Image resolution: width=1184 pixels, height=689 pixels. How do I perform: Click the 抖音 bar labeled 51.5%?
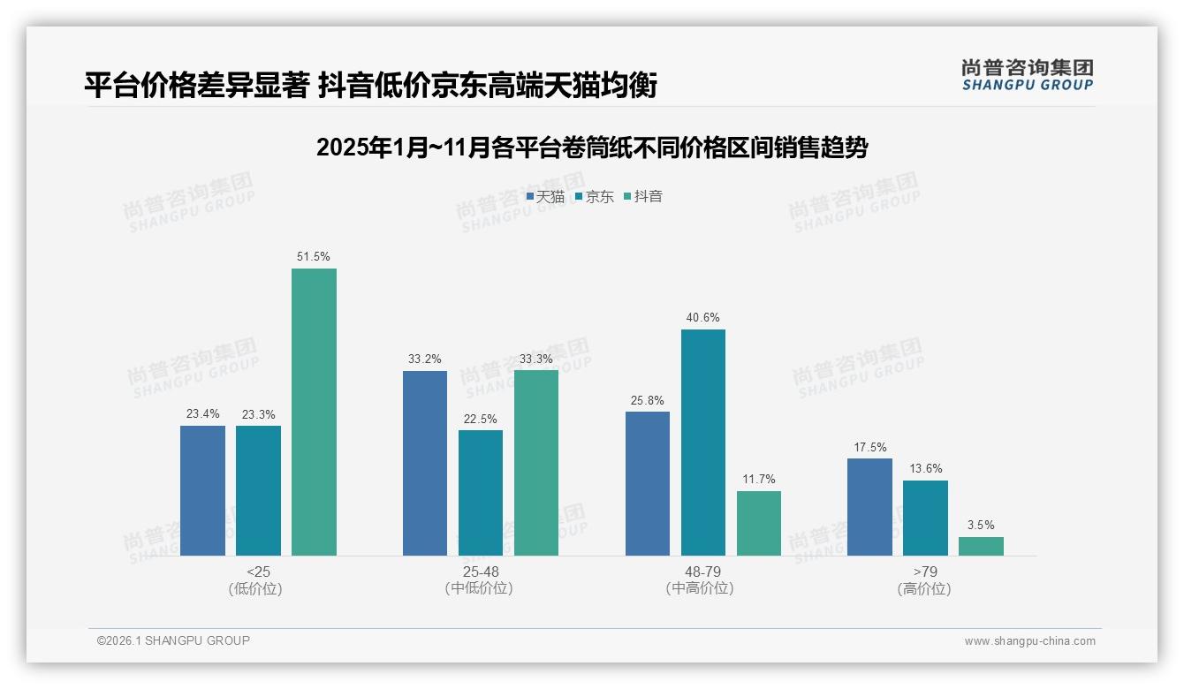[x=314, y=412]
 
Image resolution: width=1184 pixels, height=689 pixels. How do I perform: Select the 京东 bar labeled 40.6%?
[x=702, y=442]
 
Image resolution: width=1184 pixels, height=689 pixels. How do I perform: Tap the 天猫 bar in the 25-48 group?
[x=425, y=463]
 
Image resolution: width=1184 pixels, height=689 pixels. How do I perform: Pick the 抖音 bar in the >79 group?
[x=981, y=546]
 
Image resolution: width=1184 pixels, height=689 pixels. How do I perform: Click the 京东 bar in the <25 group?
[x=258, y=490]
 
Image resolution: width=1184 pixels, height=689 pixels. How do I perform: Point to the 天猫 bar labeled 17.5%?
[x=869, y=506]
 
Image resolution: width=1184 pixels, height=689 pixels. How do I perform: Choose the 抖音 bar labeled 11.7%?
[x=758, y=523]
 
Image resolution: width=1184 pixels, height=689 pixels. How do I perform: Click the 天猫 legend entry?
[x=545, y=197]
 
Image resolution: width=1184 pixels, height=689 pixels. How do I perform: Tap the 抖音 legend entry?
[x=643, y=197]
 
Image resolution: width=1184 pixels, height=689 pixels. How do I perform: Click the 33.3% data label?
[x=536, y=360]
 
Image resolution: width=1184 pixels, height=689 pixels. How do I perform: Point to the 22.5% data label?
[x=481, y=420]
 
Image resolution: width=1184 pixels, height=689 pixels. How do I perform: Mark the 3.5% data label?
[x=981, y=526]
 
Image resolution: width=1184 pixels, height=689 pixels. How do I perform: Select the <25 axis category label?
[x=258, y=572]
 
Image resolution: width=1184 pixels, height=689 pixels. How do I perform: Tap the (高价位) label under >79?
[x=924, y=589]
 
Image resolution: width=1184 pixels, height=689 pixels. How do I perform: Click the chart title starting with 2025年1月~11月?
[x=592, y=148]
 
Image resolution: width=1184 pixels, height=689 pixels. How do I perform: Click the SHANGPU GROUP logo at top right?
[x=1027, y=75]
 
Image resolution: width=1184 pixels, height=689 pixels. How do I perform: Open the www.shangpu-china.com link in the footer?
[x=1029, y=641]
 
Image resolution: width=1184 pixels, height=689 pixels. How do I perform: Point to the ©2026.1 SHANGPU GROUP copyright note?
[x=173, y=640]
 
